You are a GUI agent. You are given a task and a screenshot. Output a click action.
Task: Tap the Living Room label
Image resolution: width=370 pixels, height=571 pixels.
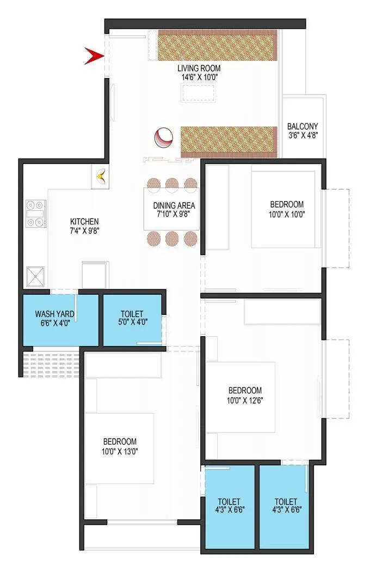(199, 68)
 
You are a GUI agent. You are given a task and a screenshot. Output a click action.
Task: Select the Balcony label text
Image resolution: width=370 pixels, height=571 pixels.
(303, 126)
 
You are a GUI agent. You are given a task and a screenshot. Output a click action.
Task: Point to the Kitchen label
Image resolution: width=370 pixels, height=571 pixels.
(84, 221)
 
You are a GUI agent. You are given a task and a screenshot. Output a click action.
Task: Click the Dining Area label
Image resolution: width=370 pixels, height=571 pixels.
(174, 206)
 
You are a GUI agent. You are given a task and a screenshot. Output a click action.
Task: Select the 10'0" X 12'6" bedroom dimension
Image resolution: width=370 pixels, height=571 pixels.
(245, 400)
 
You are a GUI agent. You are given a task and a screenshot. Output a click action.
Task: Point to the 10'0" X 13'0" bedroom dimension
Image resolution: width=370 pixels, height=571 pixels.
(120, 451)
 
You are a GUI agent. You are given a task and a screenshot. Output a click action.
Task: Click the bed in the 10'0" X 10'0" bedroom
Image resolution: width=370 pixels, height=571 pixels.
(283, 210)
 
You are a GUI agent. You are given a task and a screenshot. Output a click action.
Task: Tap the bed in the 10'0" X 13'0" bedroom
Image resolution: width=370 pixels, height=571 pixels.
(119, 448)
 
